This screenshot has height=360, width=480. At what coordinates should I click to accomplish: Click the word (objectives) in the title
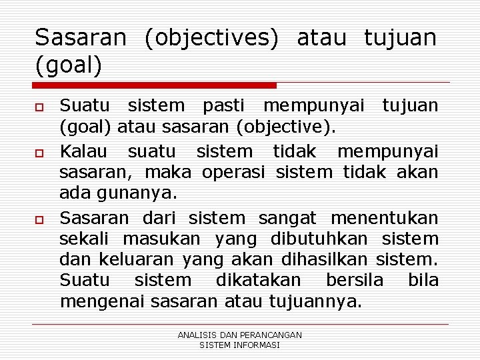point(212,38)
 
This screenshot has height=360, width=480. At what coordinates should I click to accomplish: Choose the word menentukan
point(385,217)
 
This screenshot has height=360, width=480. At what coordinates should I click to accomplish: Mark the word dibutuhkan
point(319,238)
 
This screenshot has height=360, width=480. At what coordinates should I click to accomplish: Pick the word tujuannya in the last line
point(315,301)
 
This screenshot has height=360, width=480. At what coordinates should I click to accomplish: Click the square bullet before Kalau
point(40,152)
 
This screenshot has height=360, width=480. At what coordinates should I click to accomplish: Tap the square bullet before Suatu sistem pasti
point(40,107)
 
